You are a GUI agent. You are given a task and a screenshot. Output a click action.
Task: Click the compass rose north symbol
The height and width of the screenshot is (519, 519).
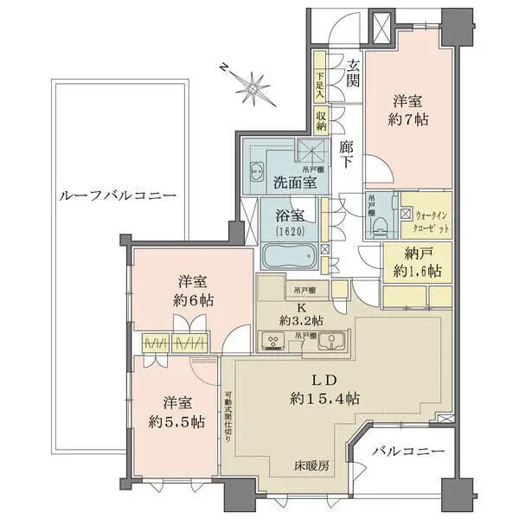[254, 85]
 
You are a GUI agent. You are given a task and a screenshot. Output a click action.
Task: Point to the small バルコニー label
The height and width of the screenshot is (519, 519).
[408, 452]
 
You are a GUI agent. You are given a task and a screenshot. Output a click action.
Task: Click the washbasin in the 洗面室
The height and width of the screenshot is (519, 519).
[258, 169]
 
